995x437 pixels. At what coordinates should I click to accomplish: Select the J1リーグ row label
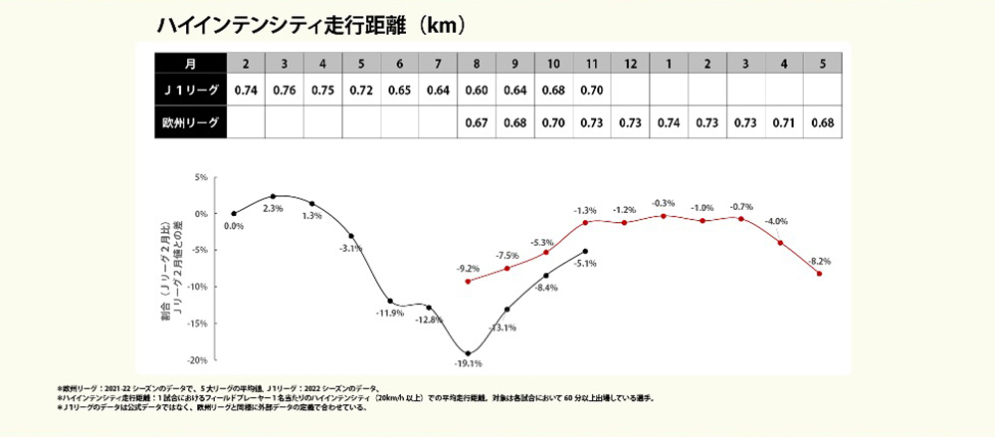[190, 91]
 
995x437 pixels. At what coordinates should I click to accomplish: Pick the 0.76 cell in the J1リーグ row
[284, 91]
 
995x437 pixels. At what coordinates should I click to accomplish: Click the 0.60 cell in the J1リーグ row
[477, 91]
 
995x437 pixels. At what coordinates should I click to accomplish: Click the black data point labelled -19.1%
[468, 353]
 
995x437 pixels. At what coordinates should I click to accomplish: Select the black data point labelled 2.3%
[273, 196]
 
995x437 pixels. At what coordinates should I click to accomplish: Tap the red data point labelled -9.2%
[468, 281]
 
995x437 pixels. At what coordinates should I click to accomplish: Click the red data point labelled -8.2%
[819, 274]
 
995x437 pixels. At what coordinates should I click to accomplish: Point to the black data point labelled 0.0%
[234, 213]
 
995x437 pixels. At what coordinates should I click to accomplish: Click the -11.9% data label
[389, 314]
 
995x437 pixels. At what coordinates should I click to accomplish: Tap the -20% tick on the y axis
[200, 359]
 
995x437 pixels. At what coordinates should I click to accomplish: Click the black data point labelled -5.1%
[585, 251]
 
